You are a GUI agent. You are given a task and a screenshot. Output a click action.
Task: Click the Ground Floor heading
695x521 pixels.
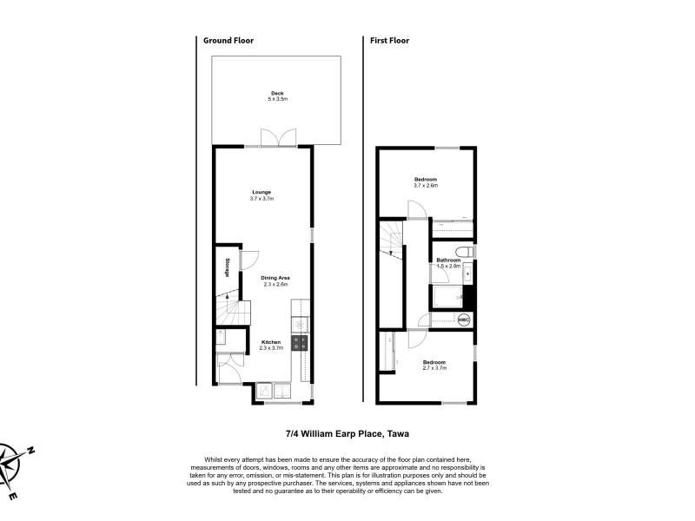(228, 40)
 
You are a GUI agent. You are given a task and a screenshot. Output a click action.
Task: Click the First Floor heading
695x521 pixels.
(389, 40)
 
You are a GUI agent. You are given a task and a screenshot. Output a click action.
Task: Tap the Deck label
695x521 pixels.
(277, 93)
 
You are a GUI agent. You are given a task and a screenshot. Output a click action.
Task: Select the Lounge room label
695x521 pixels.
(261, 192)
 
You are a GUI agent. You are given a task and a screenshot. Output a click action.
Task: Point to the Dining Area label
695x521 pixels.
(275, 278)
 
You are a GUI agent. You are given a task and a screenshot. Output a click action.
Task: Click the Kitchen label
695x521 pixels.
(271, 342)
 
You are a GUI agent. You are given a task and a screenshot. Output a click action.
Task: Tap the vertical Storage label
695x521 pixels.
(228, 267)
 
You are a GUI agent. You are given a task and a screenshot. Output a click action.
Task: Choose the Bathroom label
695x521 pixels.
(448, 260)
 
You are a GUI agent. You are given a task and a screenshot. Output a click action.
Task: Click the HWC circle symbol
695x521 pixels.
(464, 320)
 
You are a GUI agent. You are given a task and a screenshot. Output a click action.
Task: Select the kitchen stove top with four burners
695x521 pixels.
(300, 343)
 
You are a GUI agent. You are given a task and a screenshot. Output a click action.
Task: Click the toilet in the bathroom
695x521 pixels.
(466, 252)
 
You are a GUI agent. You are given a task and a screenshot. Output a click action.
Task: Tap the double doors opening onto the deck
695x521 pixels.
(278, 138)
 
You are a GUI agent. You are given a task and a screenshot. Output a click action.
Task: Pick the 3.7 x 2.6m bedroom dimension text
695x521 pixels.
(426, 186)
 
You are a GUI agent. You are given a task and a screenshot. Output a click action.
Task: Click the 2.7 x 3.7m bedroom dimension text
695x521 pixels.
(434, 367)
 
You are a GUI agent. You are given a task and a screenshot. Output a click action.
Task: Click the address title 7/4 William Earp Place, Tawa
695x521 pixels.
(347, 433)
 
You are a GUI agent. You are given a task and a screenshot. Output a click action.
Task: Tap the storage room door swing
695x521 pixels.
(248, 260)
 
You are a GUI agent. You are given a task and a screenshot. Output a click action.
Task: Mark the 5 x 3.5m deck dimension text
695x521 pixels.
(277, 99)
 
